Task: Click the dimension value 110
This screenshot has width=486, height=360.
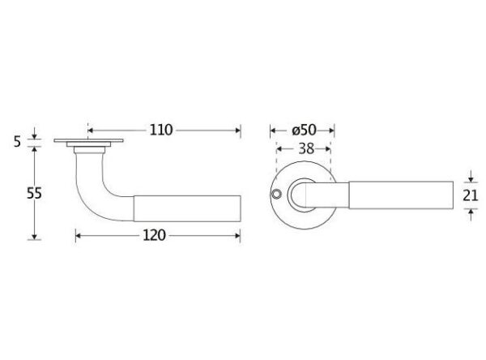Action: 161,130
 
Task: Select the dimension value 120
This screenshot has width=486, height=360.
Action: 154,236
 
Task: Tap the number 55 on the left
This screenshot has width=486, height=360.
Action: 34,193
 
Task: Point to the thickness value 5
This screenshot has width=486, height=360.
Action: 17,142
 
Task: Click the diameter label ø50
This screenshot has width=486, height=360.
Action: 304,130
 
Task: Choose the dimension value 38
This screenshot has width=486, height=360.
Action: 306,149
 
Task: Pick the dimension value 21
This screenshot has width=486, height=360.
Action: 471,195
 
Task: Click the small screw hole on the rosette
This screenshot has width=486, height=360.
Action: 275,195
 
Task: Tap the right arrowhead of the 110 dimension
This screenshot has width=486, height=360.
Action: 238,131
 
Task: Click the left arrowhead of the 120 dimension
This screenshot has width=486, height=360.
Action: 79,236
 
